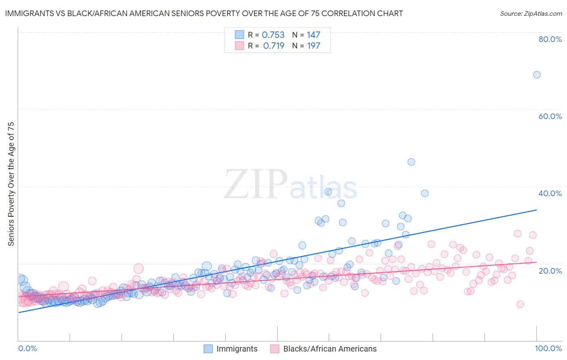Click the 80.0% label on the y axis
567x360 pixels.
pyautogui.click(x=550, y=39)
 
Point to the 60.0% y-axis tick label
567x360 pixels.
pyautogui.click(x=550, y=116)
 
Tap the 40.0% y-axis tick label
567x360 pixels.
pyautogui.click(x=550, y=193)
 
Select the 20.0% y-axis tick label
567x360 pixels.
pyautogui.click(x=550, y=270)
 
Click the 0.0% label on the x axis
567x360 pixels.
pyautogui.click(x=27, y=348)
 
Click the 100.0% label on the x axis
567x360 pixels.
pyautogui.click(x=548, y=348)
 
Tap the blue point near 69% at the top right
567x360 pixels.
pyautogui.click(x=536, y=75)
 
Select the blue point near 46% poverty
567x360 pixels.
pyautogui.click(x=411, y=162)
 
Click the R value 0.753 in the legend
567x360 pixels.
pyautogui.click(x=273, y=35)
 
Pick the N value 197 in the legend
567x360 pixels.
pyautogui.click(x=313, y=46)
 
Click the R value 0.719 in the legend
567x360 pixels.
pyautogui.click(x=273, y=46)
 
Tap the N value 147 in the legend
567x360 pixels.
pyautogui.click(x=313, y=35)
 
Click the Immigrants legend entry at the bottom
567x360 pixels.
pyautogui.click(x=236, y=349)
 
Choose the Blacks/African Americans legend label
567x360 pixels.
pyautogui.click(x=329, y=349)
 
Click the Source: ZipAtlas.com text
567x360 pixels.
pyautogui.click(x=531, y=14)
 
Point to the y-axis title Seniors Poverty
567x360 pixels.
pyautogui.click(x=11, y=184)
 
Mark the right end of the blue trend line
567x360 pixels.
pyautogui.click(x=536, y=210)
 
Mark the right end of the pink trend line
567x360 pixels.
pyautogui.click(x=536, y=262)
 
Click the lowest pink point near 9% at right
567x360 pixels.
pyautogui.click(x=520, y=304)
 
